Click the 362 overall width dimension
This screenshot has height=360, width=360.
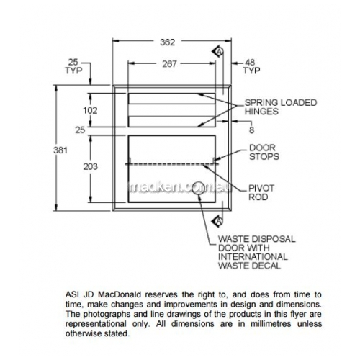168,42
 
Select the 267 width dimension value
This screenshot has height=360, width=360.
169,64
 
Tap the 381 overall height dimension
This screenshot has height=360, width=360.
60,150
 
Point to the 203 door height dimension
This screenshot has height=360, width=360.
91,166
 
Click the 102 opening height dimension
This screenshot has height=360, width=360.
90,110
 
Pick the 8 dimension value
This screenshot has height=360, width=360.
251,130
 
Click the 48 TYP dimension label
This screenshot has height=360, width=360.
251,66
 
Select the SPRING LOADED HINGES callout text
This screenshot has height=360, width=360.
281,107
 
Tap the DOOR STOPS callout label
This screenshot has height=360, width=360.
264,152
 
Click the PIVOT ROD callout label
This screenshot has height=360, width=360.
261,192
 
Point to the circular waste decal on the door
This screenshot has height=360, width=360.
199,189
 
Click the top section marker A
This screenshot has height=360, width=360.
218,51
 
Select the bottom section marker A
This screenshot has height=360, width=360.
218,220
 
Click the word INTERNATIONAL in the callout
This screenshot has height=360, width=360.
253,257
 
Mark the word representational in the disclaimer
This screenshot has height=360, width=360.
96,324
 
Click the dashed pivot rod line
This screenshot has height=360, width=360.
172,164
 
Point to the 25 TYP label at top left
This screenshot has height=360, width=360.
73,66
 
